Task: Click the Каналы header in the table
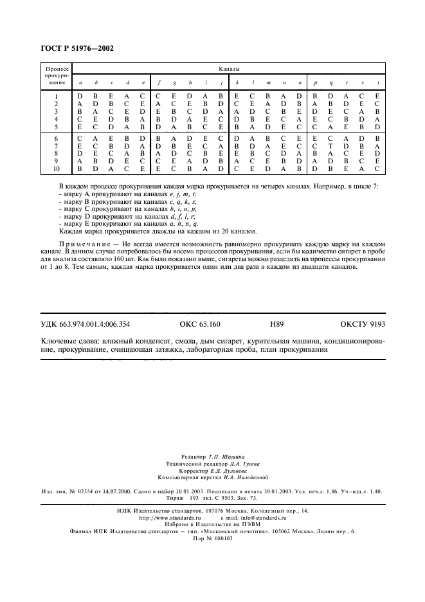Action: point(229,68)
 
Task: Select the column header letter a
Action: point(80,83)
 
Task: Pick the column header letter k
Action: point(237,83)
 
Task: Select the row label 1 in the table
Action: point(56,96)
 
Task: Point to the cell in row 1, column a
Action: point(80,96)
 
